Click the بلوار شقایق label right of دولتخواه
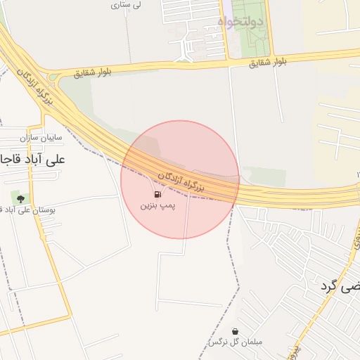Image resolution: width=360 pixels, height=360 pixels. click(268, 62)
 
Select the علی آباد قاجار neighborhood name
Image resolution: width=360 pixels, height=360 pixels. click(32, 159)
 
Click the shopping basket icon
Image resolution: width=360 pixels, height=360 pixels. click(234, 330)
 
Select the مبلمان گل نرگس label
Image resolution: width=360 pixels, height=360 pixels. click(234, 342)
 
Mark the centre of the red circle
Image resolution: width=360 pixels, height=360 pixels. click(180, 179)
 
